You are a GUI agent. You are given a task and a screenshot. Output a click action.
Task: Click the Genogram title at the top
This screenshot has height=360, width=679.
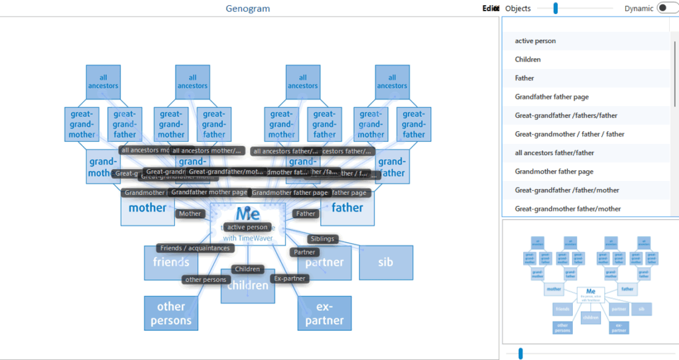click(247, 9)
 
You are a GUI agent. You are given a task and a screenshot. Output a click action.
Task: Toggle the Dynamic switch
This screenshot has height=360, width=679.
click(665, 9)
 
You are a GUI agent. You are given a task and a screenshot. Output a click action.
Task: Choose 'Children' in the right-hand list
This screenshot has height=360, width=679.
click(528, 60)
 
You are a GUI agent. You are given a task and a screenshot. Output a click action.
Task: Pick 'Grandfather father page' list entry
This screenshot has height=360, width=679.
click(552, 97)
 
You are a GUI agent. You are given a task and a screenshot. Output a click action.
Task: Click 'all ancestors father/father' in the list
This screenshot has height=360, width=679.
click(554, 153)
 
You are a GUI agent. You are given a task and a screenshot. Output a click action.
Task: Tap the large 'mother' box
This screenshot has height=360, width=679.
click(147, 208)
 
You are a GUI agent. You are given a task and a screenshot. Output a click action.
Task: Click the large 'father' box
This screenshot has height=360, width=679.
click(347, 208)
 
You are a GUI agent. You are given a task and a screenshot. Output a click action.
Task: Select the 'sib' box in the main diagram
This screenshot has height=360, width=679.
click(386, 262)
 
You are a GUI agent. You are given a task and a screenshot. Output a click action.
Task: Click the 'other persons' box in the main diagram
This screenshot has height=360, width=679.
click(170, 314)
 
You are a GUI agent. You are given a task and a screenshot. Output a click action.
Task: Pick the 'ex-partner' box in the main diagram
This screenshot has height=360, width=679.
click(324, 314)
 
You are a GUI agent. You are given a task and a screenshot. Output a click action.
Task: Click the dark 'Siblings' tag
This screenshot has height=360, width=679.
click(322, 239)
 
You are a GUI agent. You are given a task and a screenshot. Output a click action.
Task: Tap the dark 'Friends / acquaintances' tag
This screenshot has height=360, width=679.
click(195, 248)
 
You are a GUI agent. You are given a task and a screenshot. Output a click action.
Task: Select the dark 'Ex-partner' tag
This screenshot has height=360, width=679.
click(290, 278)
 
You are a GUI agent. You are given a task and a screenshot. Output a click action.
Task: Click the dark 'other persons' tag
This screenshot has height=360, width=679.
click(206, 280)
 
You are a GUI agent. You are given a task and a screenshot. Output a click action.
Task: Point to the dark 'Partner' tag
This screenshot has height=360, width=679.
click(304, 252)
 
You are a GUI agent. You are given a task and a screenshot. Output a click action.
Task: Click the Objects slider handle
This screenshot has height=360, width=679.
click(556, 9)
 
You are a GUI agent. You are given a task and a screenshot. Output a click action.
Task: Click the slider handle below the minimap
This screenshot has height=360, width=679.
click(521, 353)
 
